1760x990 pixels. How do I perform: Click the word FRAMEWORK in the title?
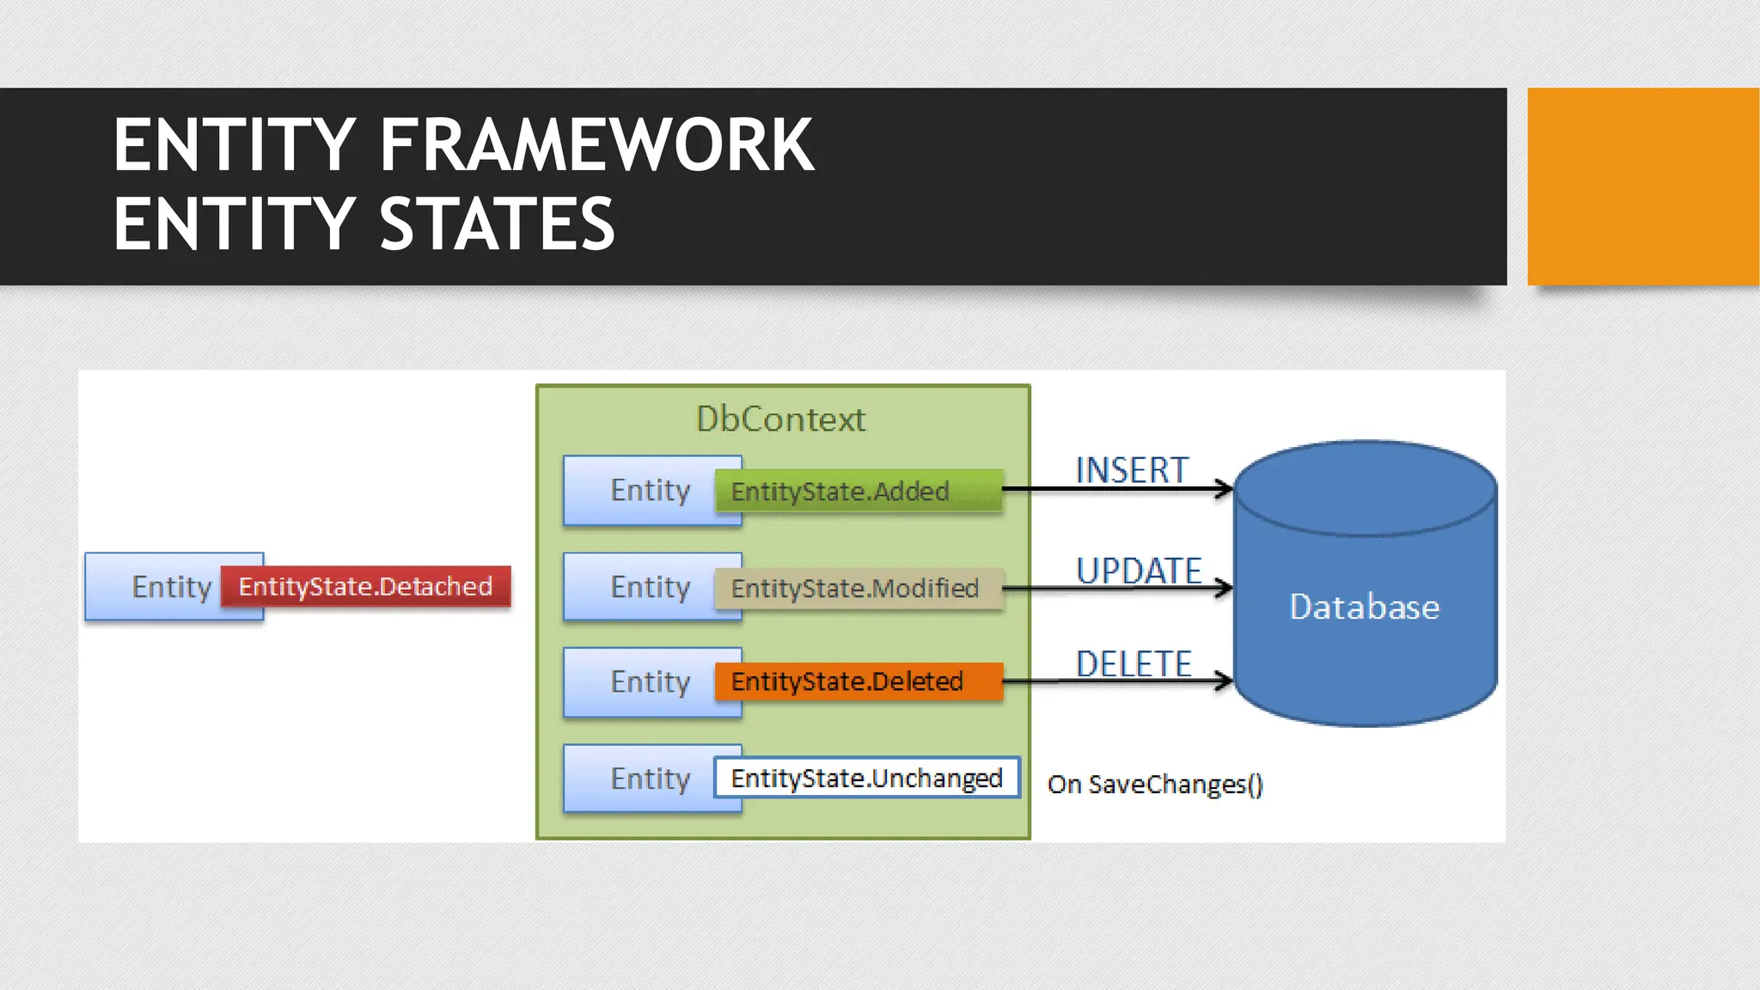pyautogui.click(x=596, y=146)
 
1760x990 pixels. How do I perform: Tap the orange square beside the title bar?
pyautogui.click(x=1642, y=186)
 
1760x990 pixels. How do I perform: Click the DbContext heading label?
pyautogui.click(x=780, y=419)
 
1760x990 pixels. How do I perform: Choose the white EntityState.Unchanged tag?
pyautogui.click(x=866, y=778)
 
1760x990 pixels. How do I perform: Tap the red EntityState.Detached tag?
pyautogui.click(x=365, y=587)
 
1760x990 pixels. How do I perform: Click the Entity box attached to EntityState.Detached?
pyautogui.click(x=155, y=587)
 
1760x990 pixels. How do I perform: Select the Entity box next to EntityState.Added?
pyautogui.click(x=640, y=491)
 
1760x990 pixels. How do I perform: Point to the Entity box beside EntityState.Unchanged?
pyautogui.click(x=640, y=779)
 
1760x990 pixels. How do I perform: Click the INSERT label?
pyautogui.click(x=1132, y=470)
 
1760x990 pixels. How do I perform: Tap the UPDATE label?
pyautogui.click(x=1139, y=571)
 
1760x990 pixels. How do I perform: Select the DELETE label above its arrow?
pyautogui.click(x=1134, y=663)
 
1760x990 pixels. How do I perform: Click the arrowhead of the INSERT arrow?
pyautogui.click(x=1225, y=489)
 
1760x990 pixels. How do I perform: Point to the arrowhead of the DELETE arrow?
pyautogui.click(x=1225, y=681)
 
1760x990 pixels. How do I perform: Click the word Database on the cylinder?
pyautogui.click(x=1364, y=607)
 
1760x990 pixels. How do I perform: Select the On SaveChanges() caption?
pyautogui.click(x=1154, y=785)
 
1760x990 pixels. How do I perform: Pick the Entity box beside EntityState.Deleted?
pyautogui.click(x=640, y=682)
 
